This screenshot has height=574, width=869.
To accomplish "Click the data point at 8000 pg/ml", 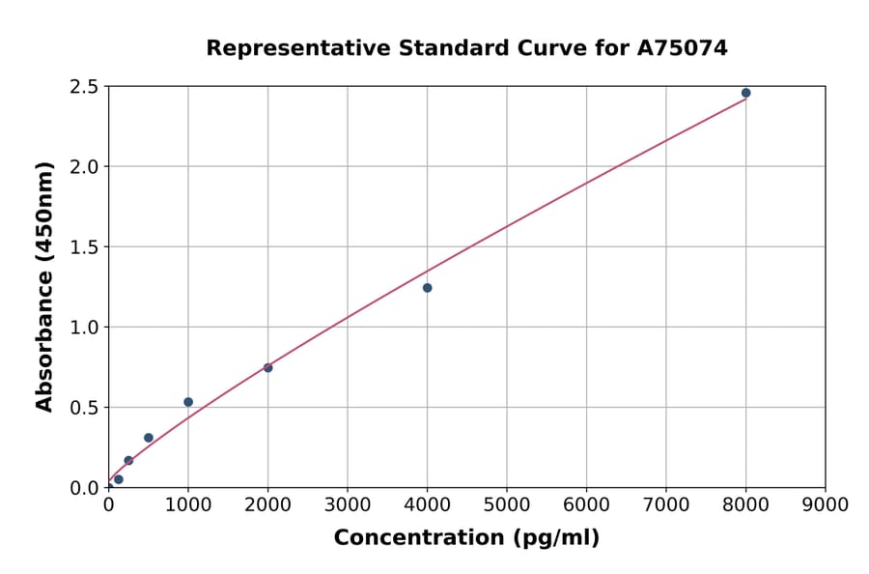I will click(745, 93).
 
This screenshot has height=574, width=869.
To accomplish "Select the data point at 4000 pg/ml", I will click(427, 288).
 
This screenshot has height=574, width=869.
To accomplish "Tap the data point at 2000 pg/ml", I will click(267, 367).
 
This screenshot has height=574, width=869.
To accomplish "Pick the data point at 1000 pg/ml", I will click(188, 402).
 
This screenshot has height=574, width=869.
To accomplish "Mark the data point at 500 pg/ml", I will click(149, 438).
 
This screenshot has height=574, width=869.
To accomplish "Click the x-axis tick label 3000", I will click(348, 504).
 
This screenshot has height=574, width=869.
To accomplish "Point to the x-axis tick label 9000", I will click(826, 504).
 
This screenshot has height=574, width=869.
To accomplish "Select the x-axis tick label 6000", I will click(586, 504).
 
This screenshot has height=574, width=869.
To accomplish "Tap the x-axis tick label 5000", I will click(507, 504).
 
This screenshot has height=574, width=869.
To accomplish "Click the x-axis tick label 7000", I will click(666, 504).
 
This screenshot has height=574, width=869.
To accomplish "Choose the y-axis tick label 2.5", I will click(85, 87).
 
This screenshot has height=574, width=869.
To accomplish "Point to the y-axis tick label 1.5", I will click(85, 247).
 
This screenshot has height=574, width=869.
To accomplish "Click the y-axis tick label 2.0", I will click(85, 167).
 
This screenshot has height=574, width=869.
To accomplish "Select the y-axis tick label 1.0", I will click(85, 328).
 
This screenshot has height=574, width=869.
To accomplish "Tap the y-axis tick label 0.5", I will click(85, 408).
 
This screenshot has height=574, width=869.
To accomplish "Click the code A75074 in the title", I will click(684, 47).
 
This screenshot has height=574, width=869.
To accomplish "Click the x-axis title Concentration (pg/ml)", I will click(466, 538).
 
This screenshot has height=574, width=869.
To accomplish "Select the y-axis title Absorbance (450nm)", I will click(44, 286).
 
